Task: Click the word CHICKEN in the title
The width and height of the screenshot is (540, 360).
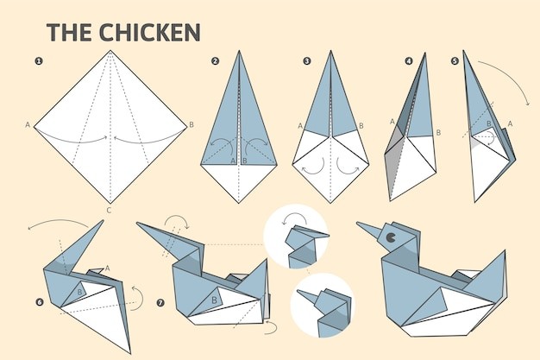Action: (x=149, y=32)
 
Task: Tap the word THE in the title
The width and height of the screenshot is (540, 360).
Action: (x=69, y=32)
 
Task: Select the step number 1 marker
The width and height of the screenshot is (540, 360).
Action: (x=39, y=61)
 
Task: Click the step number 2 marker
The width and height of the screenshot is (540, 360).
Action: (x=216, y=61)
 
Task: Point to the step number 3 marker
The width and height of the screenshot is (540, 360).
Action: (x=307, y=61)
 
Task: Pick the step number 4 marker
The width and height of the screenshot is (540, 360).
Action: (x=409, y=61)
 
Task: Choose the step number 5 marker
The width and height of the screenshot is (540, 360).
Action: (x=455, y=61)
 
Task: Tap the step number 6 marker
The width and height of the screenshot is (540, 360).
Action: (x=40, y=302)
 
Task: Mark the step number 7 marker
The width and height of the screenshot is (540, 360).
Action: (x=160, y=303)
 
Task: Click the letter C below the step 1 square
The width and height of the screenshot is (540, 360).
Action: (x=109, y=211)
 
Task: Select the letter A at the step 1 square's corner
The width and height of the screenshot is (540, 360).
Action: (x=28, y=125)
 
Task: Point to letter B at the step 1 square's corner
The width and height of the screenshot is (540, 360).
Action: (x=192, y=125)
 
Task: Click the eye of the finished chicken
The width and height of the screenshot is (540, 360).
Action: (x=391, y=237)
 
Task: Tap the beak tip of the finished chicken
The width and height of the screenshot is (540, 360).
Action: (x=357, y=223)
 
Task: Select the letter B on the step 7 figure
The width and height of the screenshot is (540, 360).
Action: (x=214, y=300)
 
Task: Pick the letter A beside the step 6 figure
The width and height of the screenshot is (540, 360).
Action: (x=108, y=268)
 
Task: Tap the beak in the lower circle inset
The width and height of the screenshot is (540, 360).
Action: (x=307, y=297)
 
